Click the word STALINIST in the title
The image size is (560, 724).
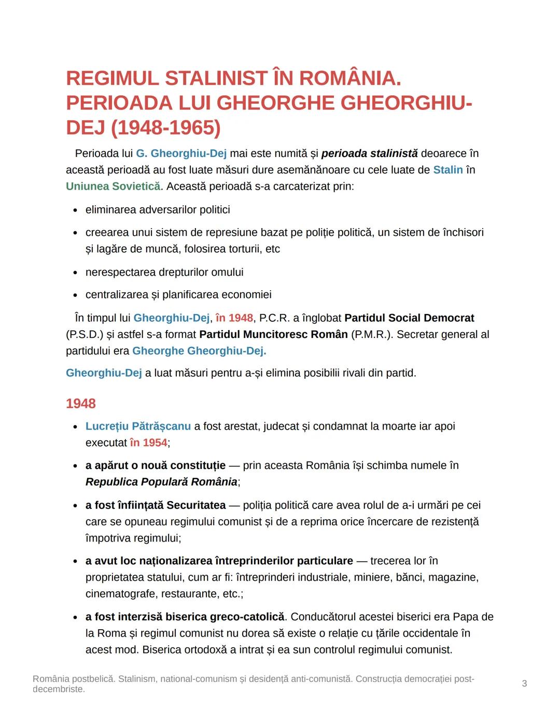tap(216, 79)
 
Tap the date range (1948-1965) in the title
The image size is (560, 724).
tap(165, 128)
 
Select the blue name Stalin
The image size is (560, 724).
tap(447, 170)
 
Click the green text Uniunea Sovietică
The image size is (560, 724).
tap(113, 187)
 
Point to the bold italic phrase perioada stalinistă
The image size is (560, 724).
tap(369, 153)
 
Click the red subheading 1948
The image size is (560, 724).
tap(80, 404)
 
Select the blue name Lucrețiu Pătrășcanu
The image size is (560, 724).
tap(138, 427)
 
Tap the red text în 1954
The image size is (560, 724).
tap(148, 443)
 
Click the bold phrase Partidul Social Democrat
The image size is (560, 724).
tap(409, 318)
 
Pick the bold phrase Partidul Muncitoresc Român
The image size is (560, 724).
tap(273, 335)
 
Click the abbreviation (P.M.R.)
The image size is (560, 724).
tap(372, 335)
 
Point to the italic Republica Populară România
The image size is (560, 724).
tap(161, 482)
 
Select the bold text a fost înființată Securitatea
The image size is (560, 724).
tap(156, 505)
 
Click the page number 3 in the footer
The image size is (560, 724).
tap(524, 684)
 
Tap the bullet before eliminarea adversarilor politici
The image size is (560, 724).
tap(75, 210)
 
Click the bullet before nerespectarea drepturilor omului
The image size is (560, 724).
tap(75, 273)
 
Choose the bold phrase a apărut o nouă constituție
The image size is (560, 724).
tap(156, 465)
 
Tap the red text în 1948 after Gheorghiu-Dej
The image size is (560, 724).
tap(234, 318)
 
